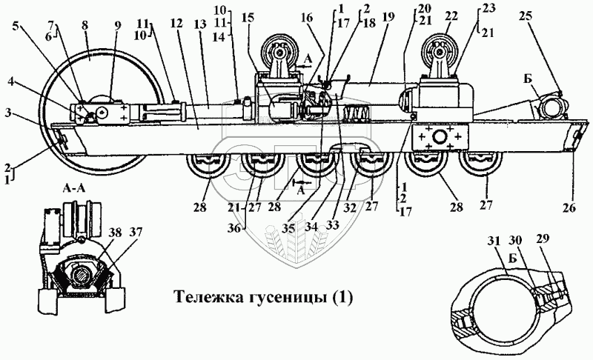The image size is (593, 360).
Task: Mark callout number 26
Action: click(x=569, y=210)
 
